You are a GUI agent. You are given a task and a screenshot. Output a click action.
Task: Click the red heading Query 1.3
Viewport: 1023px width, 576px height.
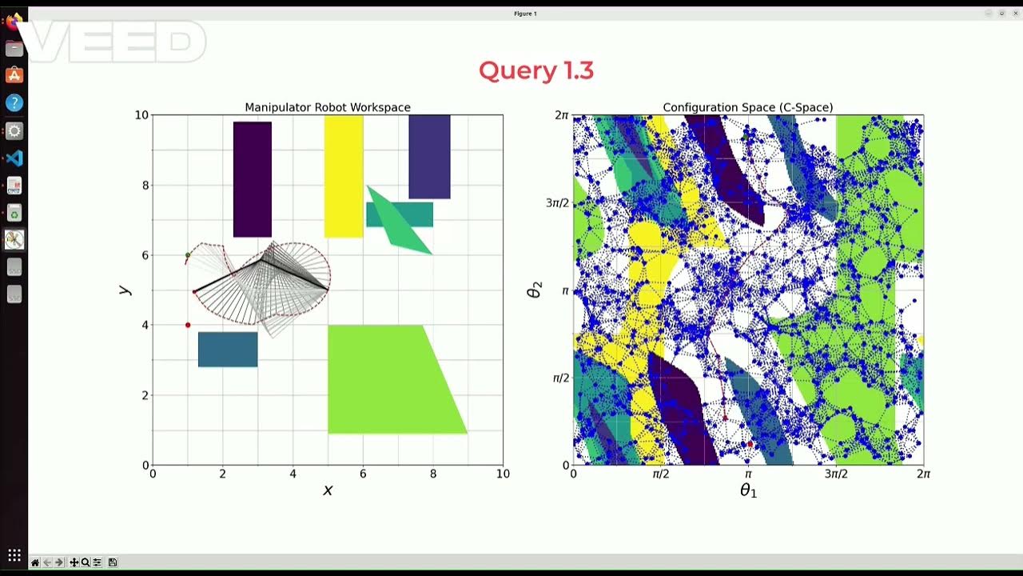click(x=536, y=70)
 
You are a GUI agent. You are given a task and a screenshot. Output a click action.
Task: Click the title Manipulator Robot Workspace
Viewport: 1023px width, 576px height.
click(x=328, y=107)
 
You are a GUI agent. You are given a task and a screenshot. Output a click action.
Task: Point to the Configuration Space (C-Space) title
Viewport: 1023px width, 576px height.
click(x=748, y=107)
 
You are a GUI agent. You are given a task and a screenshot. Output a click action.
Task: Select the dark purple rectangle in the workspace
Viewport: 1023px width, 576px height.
click(x=253, y=179)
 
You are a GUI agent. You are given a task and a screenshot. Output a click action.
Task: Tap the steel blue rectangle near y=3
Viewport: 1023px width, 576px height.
click(x=228, y=350)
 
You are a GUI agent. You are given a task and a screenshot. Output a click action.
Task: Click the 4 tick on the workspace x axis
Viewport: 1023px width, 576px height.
click(x=293, y=474)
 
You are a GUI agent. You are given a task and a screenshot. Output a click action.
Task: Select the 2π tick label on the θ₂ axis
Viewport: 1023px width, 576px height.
click(x=562, y=115)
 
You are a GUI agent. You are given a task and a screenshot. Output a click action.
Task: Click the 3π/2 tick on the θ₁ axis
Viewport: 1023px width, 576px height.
click(x=836, y=474)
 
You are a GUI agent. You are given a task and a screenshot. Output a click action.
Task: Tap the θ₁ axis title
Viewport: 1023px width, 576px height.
click(x=748, y=490)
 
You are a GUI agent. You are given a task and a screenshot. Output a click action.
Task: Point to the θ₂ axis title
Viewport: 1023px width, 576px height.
click(x=535, y=290)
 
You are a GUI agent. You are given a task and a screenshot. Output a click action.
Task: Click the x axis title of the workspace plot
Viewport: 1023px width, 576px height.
click(x=328, y=490)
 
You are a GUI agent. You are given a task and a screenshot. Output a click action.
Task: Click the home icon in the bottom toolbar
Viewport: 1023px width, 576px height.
click(x=35, y=562)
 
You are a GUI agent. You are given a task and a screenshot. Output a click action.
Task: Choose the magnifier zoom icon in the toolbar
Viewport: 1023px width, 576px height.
click(x=86, y=562)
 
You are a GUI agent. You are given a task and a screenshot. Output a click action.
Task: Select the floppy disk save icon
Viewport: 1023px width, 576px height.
click(x=113, y=562)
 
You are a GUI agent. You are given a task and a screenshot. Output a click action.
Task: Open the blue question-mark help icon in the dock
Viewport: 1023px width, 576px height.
click(x=14, y=103)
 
